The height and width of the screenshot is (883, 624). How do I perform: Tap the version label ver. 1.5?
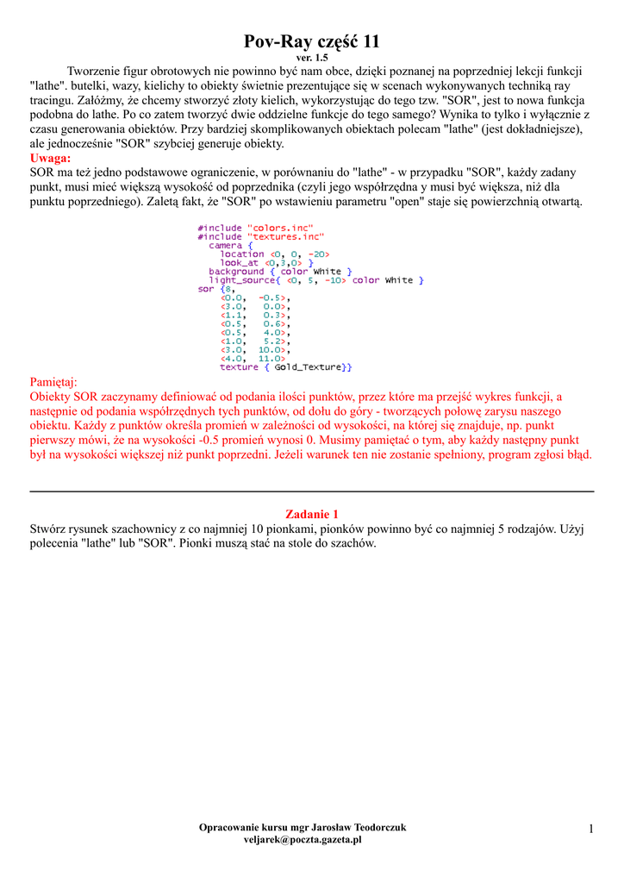coord(312,57)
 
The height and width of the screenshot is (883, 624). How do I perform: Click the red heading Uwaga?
coord(51,159)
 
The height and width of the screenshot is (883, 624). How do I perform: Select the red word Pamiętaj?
coord(53,382)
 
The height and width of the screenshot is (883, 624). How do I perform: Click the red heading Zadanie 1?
coord(312,514)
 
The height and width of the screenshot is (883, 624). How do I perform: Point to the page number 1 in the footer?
coord(591,829)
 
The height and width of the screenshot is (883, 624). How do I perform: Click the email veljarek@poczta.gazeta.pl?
coord(303,839)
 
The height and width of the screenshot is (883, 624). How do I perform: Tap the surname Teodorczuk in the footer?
coord(372,827)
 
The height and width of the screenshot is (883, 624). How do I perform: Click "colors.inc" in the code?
coord(280,228)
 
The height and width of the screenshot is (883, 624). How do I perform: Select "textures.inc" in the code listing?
coord(285,236)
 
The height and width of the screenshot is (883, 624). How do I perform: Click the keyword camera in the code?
coord(226,245)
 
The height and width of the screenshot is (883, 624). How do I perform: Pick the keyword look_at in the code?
coord(240,262)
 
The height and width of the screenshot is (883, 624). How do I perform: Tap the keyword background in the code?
coord(236,272)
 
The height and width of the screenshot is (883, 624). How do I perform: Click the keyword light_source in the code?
coord(242,280)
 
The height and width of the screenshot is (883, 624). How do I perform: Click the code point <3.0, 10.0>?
coord(253,350)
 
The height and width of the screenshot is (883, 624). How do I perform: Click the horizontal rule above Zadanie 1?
coord(312,491)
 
